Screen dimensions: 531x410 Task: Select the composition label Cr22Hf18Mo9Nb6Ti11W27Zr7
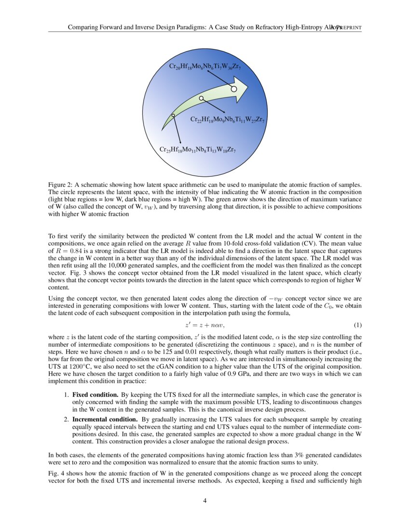(x=227, y=119)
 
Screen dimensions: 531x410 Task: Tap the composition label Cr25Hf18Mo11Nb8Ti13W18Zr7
(x=197, y=150)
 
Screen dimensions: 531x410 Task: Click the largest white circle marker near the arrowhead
(x=233, y=89)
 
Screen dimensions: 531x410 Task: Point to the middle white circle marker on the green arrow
(x=202, y=98)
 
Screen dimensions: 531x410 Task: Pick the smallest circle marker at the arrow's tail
(x=173, y=115)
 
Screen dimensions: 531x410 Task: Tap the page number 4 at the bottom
(x=205, y=501)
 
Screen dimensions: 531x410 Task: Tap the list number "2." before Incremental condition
(x=68, y=419)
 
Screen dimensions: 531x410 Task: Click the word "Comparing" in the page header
(x=82, y=28)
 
